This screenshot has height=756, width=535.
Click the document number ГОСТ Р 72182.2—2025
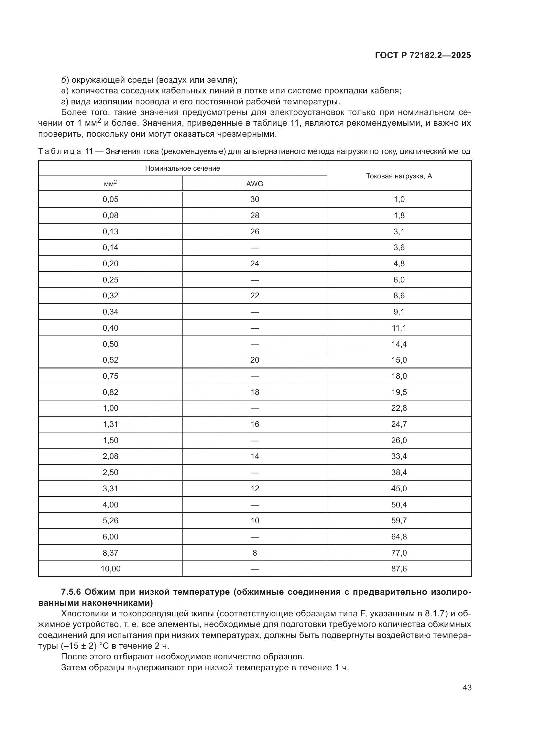[x=423, y=55]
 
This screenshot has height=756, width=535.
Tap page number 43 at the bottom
[x=467, y=687]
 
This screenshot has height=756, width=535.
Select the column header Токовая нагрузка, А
[x=399, y=176]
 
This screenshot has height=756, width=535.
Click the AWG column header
[x=255, y=184]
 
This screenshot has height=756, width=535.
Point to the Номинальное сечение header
[x=182, y=168]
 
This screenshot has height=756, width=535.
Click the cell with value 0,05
[x=110, y=199]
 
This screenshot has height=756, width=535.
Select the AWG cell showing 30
[x=255, y=199]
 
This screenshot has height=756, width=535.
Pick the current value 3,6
[x=399, y=248]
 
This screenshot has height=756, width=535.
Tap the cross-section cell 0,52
[x=110, y=360]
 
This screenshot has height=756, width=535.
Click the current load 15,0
[x=399, y=360]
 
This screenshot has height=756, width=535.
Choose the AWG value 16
[x=255, y=424]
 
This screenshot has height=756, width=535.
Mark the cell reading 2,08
[x=110, y=456]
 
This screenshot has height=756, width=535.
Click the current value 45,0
[x=399, y=488]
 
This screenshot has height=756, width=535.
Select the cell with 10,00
[x=110, y=569]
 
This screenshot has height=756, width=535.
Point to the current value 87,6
[x=399, y=569]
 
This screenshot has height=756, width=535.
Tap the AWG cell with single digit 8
[x=255, y=553]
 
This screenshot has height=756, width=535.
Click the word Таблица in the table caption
[x=60, y=152]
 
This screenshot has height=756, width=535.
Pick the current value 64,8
[x=399, y=537]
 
